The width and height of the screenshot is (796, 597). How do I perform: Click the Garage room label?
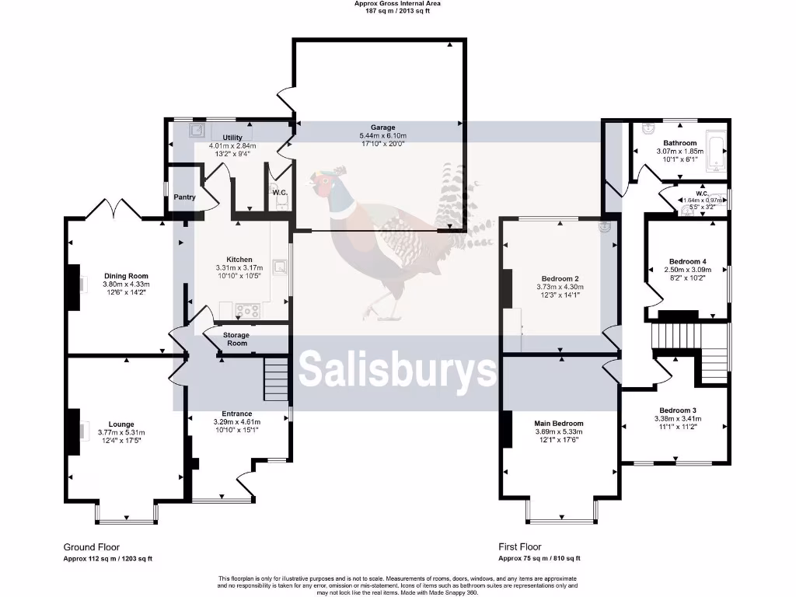(x=382, y=127)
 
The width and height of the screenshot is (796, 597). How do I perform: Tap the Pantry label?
(x=184, y=197)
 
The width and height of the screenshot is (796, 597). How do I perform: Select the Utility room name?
(x=232, y=138)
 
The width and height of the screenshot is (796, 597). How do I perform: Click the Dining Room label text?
(x=126, y=276)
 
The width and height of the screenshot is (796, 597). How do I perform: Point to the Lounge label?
(x=121, y=424)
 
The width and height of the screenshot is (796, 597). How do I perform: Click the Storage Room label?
(x=236, y=339)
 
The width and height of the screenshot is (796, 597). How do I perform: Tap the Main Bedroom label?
(x=559, y=424)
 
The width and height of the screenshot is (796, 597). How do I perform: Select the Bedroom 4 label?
(x=687, y=261)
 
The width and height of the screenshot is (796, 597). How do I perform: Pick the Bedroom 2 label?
(x=560, y=278)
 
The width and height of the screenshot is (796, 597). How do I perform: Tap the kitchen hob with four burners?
(x=248, y=310)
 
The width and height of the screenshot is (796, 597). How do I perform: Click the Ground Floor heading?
(x=92, y=547)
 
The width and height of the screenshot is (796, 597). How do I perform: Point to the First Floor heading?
(x=520, y=547)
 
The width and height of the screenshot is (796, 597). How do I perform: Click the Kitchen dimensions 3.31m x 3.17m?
(x=239, y=268)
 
